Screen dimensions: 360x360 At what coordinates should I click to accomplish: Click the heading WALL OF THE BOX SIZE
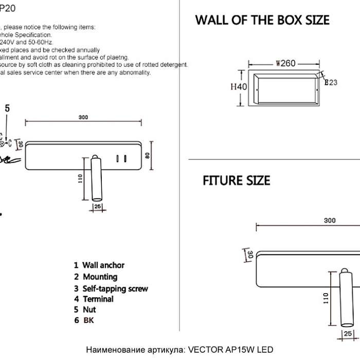262,21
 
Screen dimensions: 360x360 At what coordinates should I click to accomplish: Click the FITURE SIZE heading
236,181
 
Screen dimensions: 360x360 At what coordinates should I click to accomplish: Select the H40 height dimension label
238,87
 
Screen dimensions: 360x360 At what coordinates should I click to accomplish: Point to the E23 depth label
331,82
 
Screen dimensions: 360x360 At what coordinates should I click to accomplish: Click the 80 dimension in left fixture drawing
147,155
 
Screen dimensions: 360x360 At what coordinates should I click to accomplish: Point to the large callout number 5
7,108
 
